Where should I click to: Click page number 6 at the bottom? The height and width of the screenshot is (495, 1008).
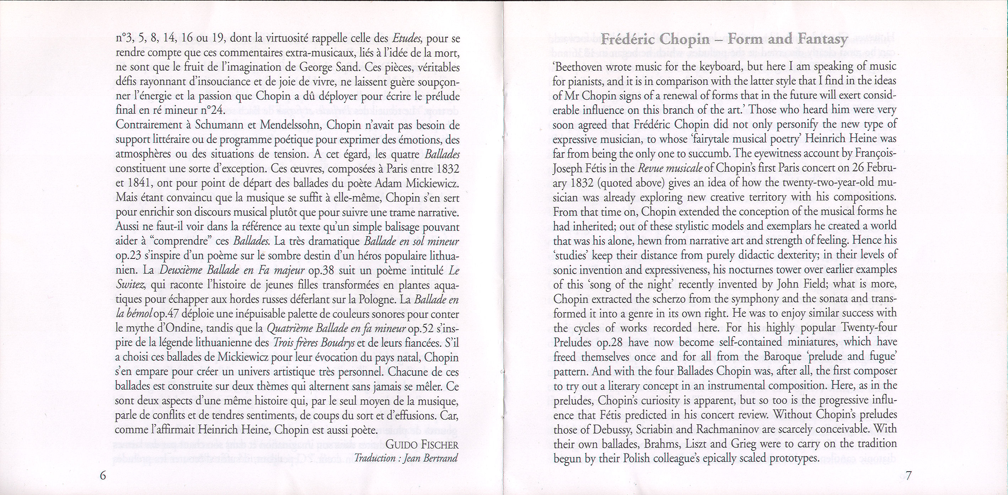pyautogui.click(x=103, y=475)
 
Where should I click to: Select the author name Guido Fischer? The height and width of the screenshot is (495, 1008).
pyautogui.click(x=422, y=445)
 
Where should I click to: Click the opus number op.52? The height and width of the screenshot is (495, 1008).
pyautogui.click(x=420, y=329)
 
